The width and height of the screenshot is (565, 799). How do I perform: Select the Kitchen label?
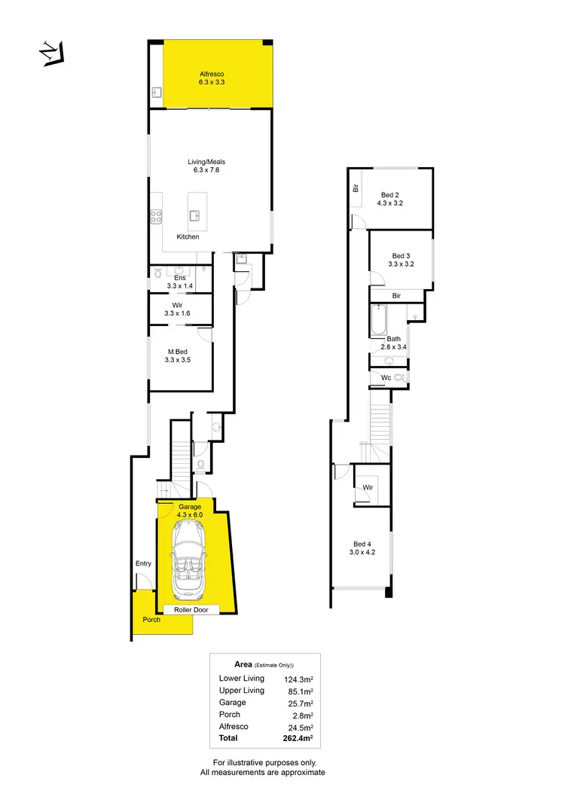tap(188, 236)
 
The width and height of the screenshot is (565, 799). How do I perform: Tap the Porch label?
tap(151, 620)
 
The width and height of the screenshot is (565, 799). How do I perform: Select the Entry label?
tap(143, 563)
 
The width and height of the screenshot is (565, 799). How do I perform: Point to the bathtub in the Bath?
tap(377, 322)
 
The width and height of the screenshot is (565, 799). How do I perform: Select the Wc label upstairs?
tap(386, 377)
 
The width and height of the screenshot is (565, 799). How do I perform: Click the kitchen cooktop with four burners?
tap(157, 217)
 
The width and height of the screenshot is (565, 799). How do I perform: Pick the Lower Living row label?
tap(241, 679)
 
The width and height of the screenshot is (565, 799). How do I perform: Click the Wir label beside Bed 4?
tap(368, 487)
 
